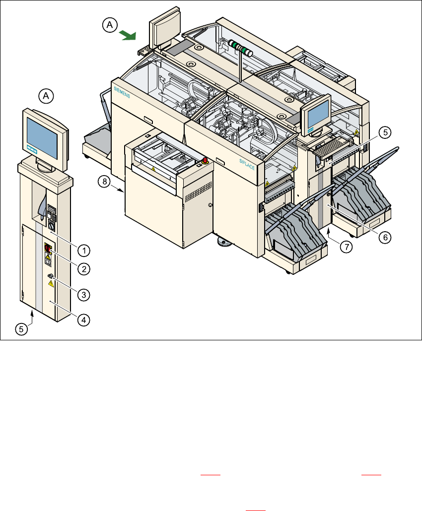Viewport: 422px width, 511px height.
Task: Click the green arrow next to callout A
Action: coord(129,35)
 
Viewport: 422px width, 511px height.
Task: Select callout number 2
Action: coord(84,269)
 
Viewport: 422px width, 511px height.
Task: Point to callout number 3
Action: coord(84,294)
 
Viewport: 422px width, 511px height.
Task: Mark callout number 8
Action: coord(104,182)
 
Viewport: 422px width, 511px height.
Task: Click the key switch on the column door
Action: coord(50,276)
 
